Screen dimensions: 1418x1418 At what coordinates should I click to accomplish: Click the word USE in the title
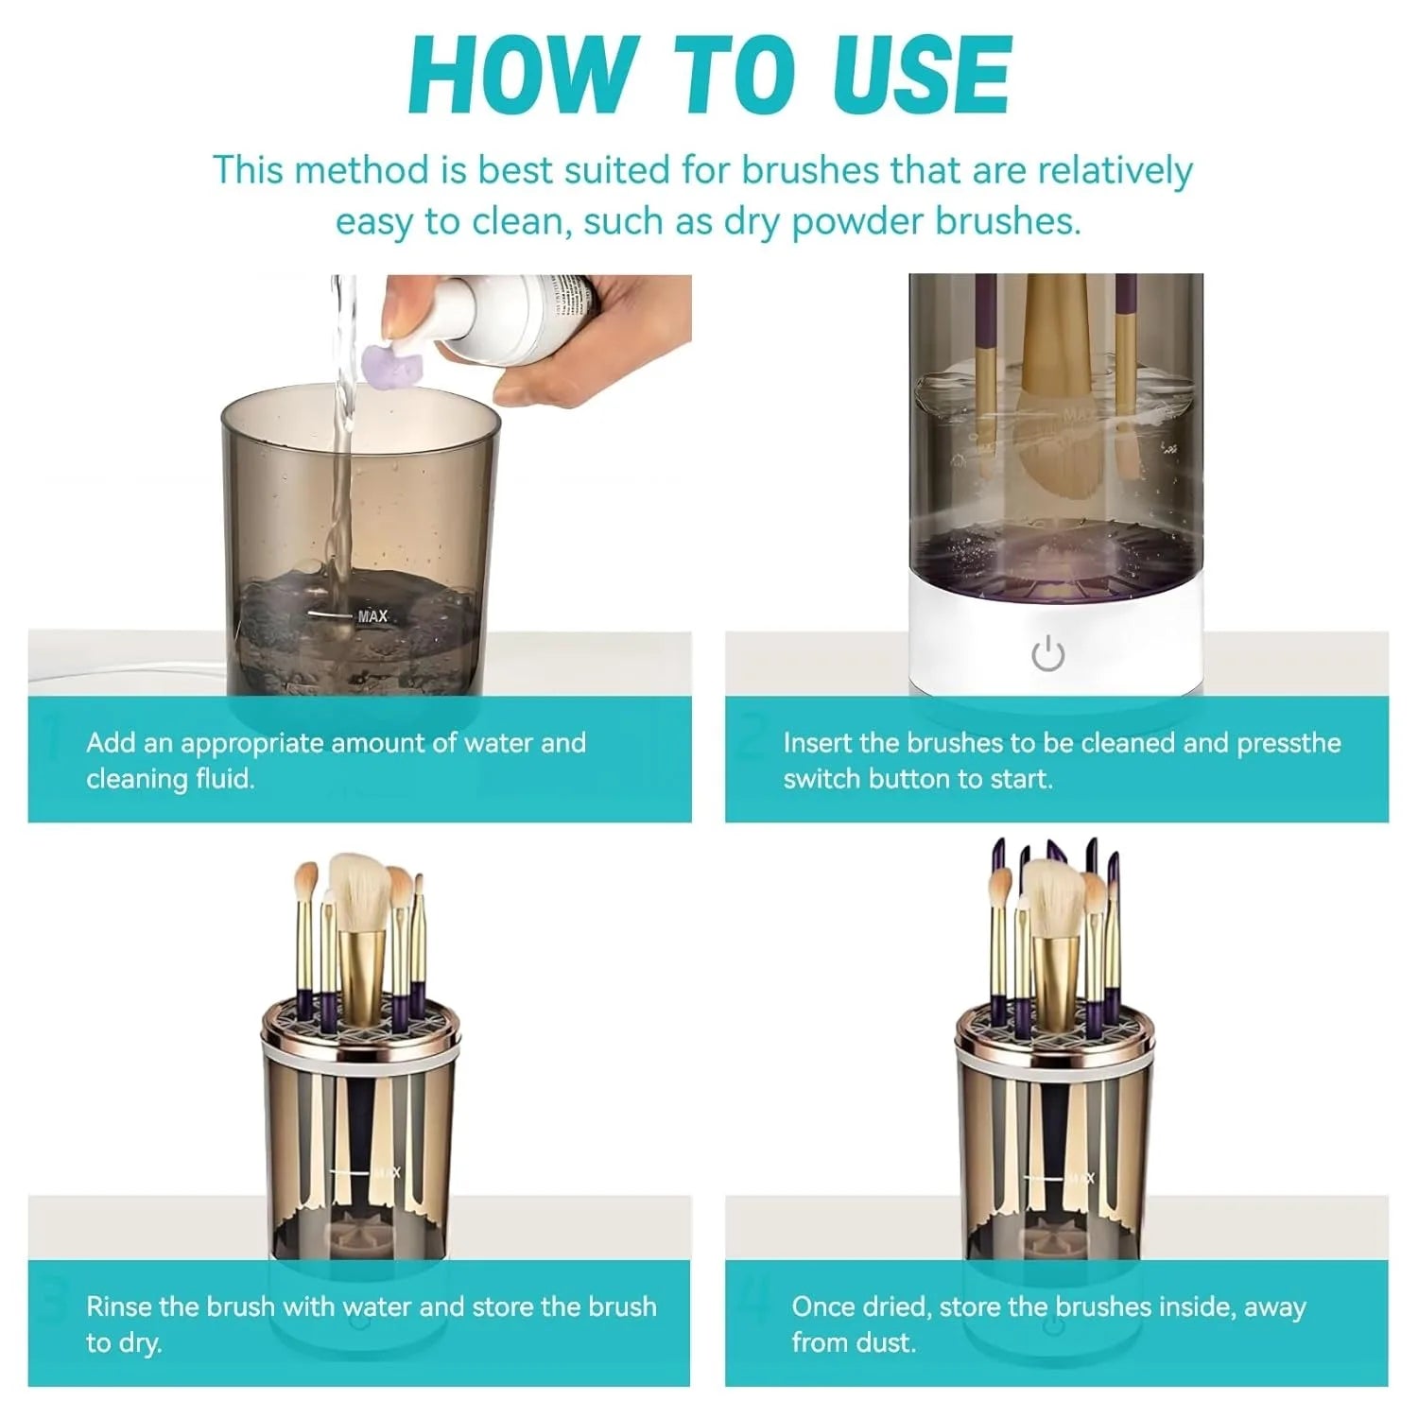(922, 75)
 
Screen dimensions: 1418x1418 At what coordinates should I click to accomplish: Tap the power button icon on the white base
(1047, 653)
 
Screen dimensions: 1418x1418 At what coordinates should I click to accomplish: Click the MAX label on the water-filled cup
(372, 616)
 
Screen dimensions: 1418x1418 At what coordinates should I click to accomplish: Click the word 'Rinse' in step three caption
(119, 1306)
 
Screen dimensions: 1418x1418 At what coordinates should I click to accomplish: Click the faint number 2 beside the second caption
(752, 738)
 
